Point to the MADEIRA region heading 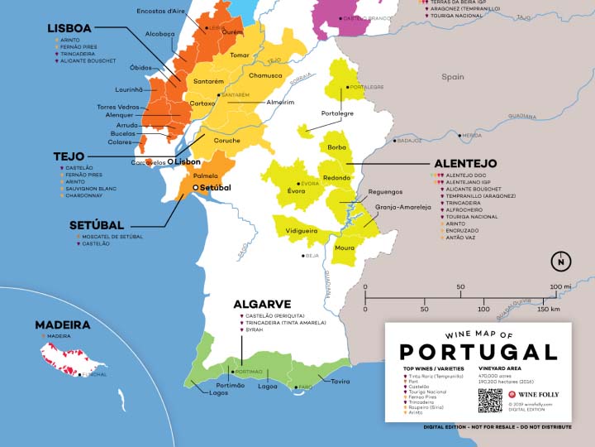pos(62,324)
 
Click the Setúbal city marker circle pos(196,188)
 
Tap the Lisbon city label pos(187,162)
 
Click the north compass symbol pos(561,262)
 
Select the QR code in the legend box pos(489,400)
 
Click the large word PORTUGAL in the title pos(478,350)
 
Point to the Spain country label pos(452,77)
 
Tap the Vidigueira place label pos(302,230)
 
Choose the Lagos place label pos(219,393)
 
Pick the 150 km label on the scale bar pos(549,309)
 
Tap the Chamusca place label pos(266,75)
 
